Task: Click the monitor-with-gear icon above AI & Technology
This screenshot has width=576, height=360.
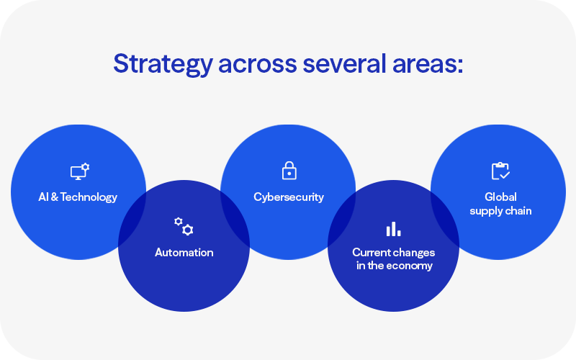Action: tap(79, 171)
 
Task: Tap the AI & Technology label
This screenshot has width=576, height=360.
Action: tap(78, 197)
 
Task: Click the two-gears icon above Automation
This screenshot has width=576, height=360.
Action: tap(184, 226)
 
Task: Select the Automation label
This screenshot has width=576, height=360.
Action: tap(184, 253)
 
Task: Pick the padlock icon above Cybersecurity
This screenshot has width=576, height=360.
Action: tap(288, 171)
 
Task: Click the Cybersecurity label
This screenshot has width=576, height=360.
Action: tap(288, 197)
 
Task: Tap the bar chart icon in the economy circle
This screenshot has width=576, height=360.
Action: tap(393, 229)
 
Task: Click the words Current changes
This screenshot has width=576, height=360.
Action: tap(393, 253)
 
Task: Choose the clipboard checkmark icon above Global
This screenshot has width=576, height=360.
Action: tap(500, 171)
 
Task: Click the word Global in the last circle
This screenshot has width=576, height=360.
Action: tap(500, 197)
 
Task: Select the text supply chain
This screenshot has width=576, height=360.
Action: tap(500, 210)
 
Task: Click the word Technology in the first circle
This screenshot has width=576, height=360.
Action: tap(89, 197)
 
